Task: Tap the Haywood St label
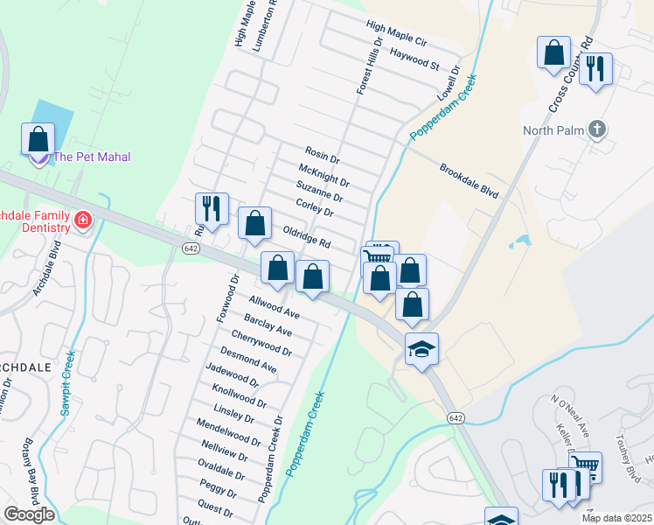coord(414,59)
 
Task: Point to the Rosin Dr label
coord(322,154)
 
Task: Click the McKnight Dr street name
coord(324,176)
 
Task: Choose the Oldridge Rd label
coord(306,235)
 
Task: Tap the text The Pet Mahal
coord(92,157)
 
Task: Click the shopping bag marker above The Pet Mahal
coord(38,138)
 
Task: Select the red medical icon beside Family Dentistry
coord(83,219)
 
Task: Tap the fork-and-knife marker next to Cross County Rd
coord(595,68)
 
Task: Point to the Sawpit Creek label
coord(67,382)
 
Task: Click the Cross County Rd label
coord(571,75)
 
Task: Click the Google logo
coord(29,514)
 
